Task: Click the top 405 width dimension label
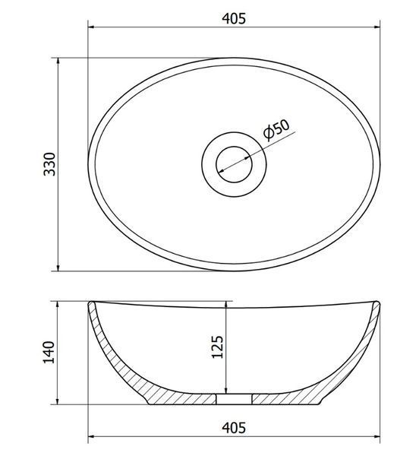(234, 18)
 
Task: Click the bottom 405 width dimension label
(234, 428)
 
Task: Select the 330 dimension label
(49, 164)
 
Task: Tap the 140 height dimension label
(49, 352)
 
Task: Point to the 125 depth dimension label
(218, 347)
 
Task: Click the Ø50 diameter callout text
(276, 129)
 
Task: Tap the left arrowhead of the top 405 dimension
(90, 27)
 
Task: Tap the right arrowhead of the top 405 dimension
(377, 27)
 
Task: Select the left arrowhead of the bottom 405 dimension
(90, 436)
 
